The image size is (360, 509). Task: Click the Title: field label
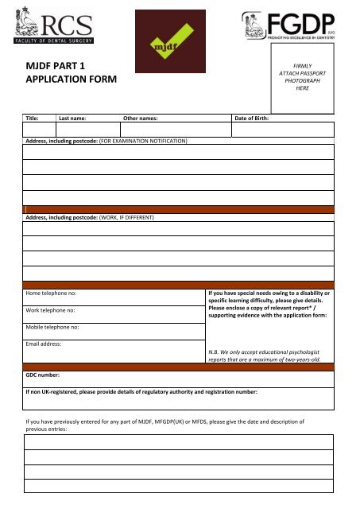[33, 119]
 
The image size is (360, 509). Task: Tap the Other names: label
[141, 119]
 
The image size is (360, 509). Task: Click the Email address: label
[48, 344]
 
